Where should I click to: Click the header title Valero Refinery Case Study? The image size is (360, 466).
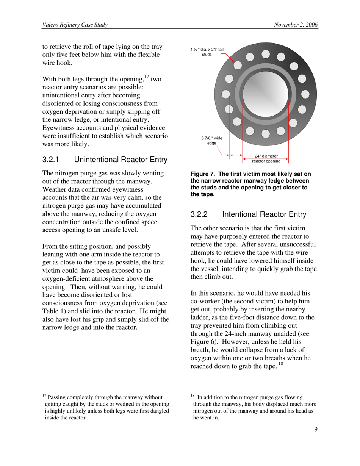(x=75, y=25)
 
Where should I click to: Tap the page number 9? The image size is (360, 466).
(x=316, y=429)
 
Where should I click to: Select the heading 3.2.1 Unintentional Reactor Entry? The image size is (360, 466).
(x=105, y=160)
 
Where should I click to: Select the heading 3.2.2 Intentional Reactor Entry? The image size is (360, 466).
(x=248, y=214)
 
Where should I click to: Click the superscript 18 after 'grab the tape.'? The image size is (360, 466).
(x=280, y=364)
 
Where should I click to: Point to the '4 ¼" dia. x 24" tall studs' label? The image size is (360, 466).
(x=207, y=52)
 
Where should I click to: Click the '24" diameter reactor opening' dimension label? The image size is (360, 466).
(x=266, y=158)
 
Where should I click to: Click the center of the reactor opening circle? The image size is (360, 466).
(x=266, y=95)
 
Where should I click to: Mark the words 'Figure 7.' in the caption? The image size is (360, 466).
(x=203, y=174)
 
